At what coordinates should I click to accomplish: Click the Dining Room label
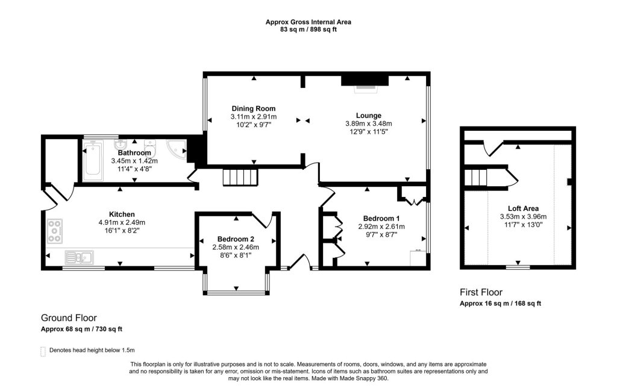(253, 109)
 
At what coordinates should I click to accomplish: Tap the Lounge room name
(368, 116)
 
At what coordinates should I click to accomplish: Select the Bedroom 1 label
(381, 218)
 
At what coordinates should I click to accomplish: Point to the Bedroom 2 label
(235, 239)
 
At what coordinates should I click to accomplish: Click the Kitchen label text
(122, 214)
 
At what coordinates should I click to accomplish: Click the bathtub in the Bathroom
(93, 160)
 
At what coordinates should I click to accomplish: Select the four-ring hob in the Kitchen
(55, 229)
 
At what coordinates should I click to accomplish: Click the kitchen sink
(78, 258)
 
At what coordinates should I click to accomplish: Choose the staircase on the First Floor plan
(477, 178)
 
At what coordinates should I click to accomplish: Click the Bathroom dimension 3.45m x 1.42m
(134, 161)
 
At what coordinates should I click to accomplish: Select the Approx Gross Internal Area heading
(308, 22)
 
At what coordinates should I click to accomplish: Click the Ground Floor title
(69, 318)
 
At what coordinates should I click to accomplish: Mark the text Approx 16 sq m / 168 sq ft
(500, 304)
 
